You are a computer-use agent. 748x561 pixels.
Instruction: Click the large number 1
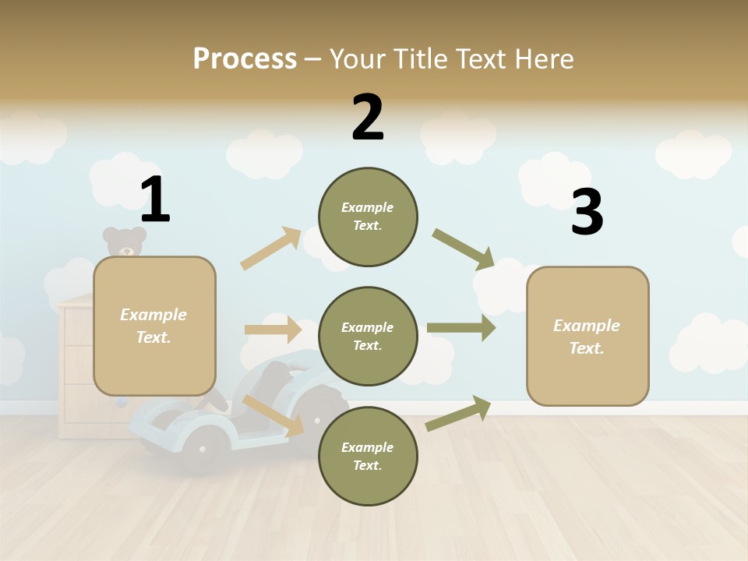155,199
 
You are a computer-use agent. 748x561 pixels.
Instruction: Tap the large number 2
368,118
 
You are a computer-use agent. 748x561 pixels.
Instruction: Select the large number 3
587,212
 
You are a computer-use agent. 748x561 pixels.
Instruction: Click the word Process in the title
245,58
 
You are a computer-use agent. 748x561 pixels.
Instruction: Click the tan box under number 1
154,326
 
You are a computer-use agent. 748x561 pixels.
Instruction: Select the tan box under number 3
587,336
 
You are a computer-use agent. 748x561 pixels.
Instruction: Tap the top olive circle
368,217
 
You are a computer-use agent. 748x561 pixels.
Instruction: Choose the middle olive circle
368,336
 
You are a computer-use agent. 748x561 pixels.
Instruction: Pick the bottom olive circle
368,456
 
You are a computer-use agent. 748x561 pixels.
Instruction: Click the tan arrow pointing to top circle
271,248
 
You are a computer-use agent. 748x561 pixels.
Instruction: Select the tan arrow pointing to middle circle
273,330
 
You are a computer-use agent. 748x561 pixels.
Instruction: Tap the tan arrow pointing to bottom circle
273,415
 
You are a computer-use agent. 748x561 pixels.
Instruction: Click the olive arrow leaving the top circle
463,249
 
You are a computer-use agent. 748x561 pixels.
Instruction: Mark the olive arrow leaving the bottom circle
458,413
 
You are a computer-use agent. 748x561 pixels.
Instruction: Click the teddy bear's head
125,242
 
